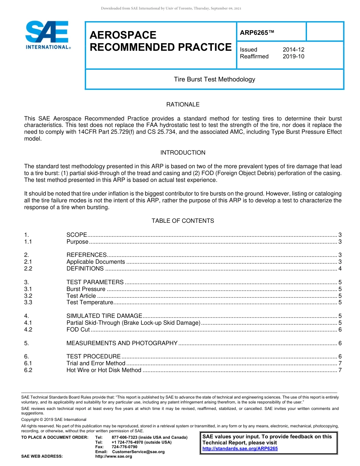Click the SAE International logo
click(x=47, y=35)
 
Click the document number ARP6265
click(x=257, y=33)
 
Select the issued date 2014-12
click(x=293, y=50)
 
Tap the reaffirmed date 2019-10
click(x=293, y=56)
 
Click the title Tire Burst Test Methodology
click(x=214, y=79)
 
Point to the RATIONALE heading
click(x=183, y=104)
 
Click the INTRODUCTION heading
click(x=183, y=152)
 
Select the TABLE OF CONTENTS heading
click(x=183, y=220)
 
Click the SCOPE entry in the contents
click(x=77, y=235)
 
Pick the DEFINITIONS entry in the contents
click(x=85, y=269)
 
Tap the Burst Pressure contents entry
click(x=86, y=289)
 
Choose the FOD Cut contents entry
click(x=78, y=330)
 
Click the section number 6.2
click(x=28, y=370)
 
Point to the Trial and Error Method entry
click(x=96, y=363)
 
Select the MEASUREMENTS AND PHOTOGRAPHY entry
click(x=122, y=343)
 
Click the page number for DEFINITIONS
click(x=340, y=269)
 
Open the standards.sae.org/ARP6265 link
click(x=240, y=449)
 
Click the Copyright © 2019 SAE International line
click(x=54, y=419)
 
